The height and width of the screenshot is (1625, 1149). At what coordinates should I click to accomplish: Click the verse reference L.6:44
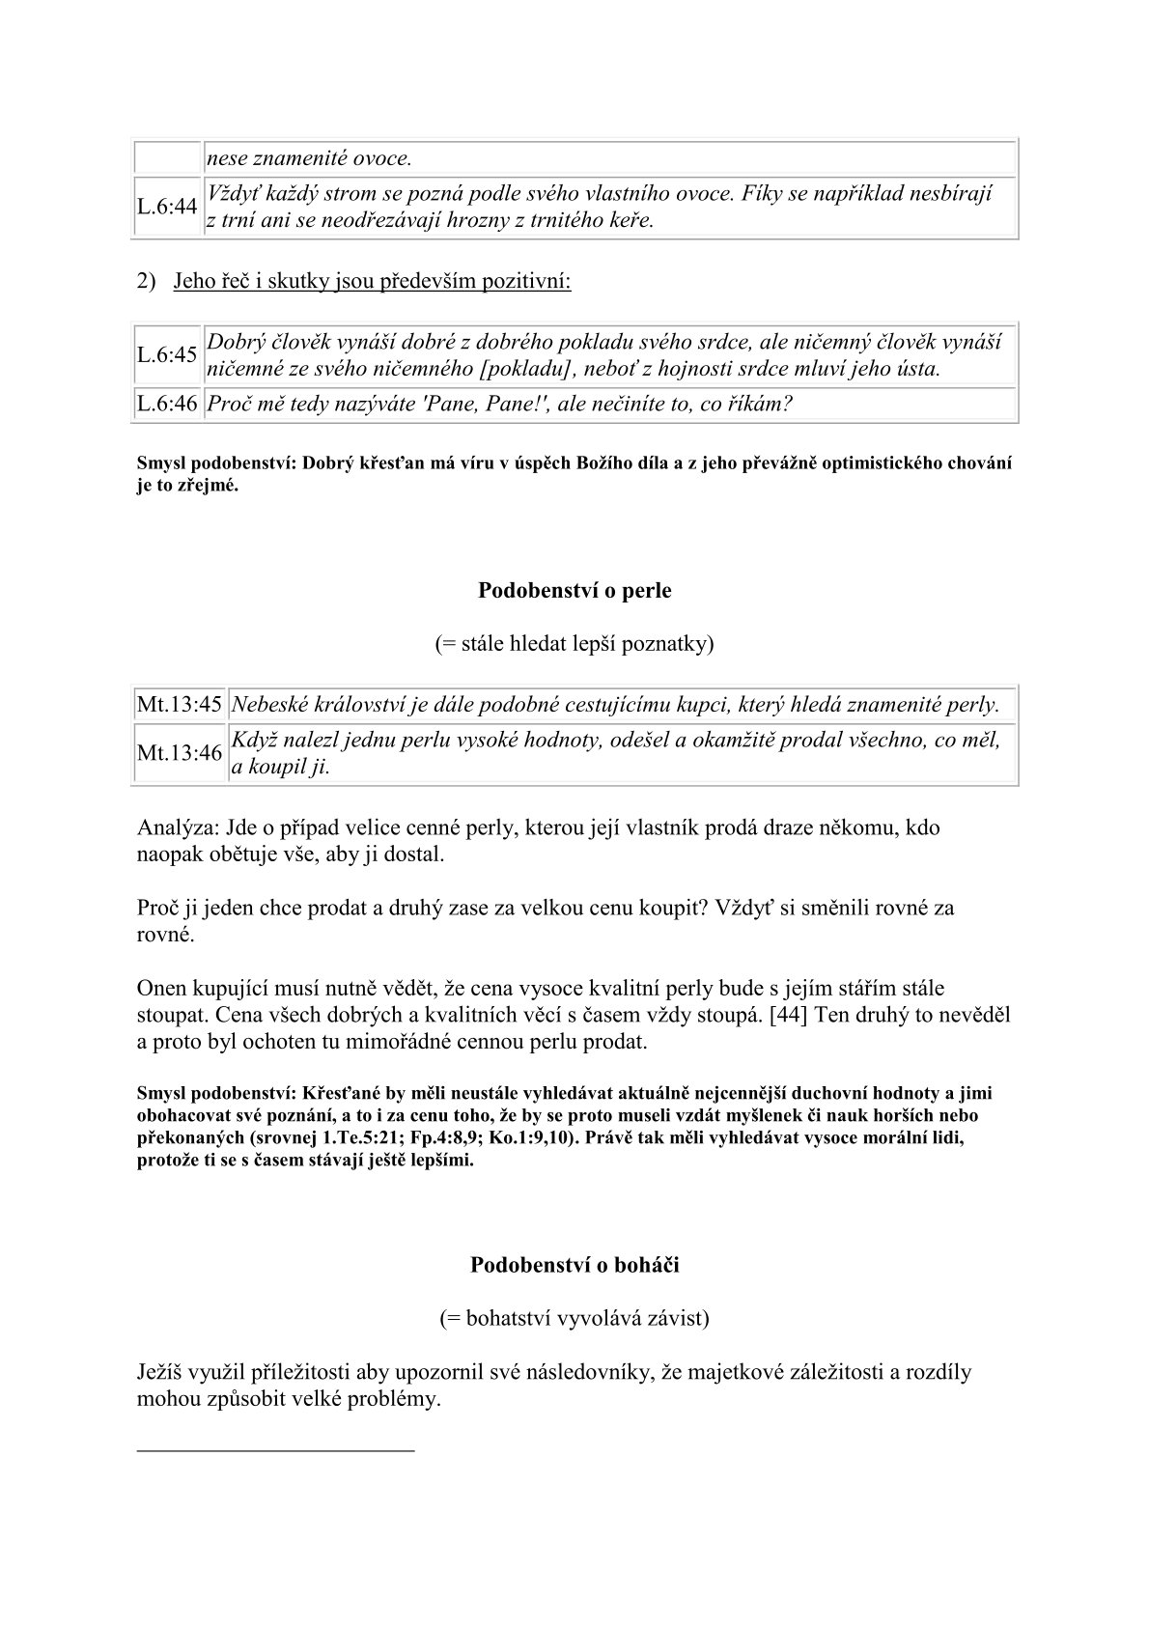click(167, 207)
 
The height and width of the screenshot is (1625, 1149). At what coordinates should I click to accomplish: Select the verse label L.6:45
click(167, 355)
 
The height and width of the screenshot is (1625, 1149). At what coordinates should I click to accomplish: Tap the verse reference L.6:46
click(167, 404)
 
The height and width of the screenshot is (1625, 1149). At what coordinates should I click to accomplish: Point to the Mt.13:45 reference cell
click(180, 705)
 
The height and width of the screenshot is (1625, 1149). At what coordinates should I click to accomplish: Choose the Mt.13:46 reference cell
click(180, 753)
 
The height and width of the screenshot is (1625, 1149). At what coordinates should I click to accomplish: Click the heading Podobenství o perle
click(574, 590)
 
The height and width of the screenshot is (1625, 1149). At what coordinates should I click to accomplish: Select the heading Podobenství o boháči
click(574, 1264)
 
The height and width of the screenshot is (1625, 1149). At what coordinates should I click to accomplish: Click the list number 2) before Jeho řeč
click(146, 281)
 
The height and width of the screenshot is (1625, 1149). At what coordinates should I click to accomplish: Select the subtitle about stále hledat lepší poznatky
click(574, 643)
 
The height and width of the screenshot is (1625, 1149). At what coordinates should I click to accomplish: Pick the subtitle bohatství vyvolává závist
click(574, 1317)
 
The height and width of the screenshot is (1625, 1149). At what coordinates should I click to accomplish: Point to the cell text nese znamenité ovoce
click(309, 158)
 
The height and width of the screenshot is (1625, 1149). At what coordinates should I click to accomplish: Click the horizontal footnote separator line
click(275, 1449)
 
